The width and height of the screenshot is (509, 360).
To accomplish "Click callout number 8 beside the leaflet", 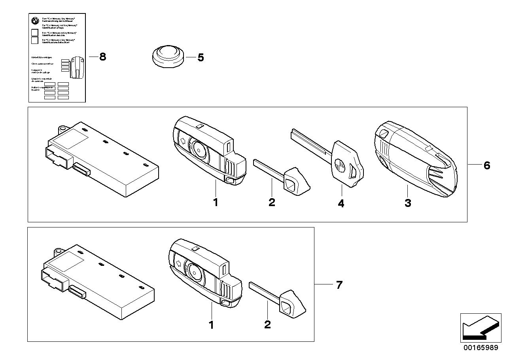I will click(102, 57).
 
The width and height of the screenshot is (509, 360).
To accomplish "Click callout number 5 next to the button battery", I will click(201, 58).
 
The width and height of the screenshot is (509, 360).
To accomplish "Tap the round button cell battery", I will click(168, 56).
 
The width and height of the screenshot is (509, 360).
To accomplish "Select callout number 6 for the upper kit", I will click(486, 165).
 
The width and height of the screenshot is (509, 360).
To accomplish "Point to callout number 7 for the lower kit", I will click(339, 285).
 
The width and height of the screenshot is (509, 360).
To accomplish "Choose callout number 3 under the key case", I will click(408, 203).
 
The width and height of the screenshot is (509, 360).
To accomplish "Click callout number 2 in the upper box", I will click(272, 203).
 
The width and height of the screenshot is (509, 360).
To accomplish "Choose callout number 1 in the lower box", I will click(211, 325).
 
